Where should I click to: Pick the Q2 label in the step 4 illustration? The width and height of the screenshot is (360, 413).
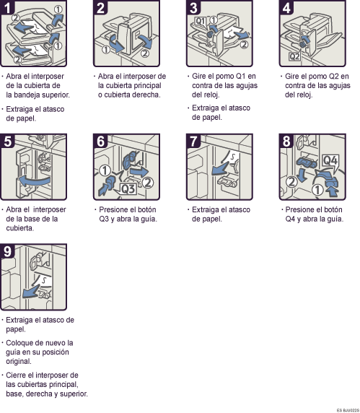[x=295, y=55]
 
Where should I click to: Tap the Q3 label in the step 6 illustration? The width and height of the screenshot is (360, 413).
[x=127, y=188]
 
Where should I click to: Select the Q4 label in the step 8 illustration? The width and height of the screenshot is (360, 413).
[x=331, y=160]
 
